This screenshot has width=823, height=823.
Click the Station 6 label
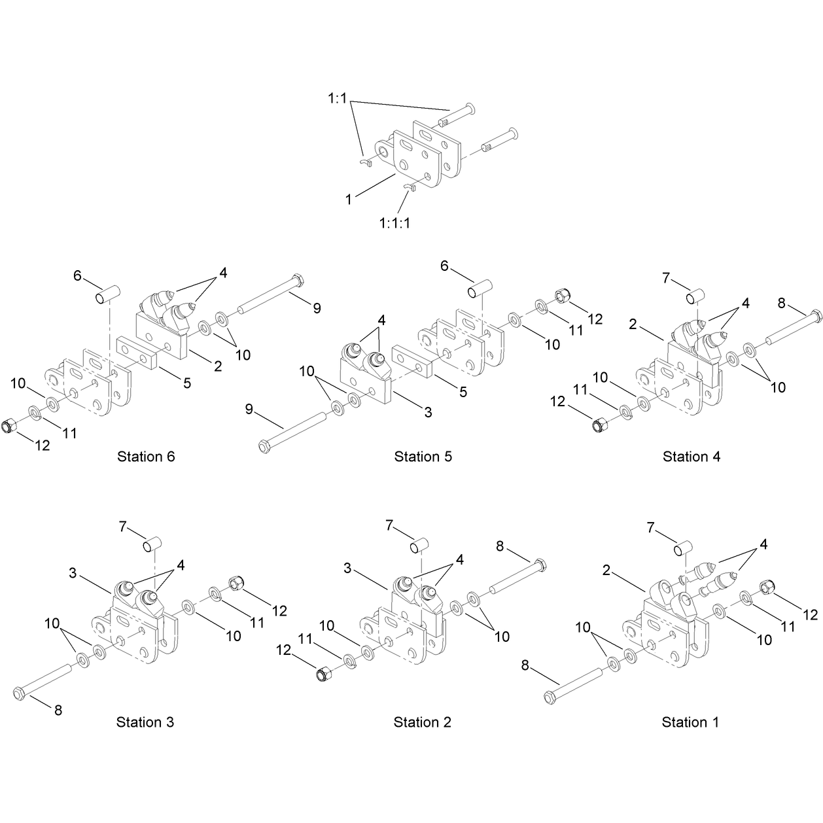[146, 457]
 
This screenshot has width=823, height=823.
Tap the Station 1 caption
[690, 722]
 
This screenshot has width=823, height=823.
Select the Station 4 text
[692, 457]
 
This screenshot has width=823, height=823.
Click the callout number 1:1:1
[394, 223]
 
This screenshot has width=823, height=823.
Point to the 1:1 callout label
[338, 99]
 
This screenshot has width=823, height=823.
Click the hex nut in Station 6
[9, 426]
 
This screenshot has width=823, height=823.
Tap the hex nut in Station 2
[322, 674]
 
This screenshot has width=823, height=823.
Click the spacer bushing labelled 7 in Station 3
[152, 544]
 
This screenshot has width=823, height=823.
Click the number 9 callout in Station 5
[249, 409]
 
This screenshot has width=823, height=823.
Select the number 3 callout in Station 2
[347, 568]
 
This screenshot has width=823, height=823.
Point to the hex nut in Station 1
[766, 587]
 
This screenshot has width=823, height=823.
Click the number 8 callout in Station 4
[782, 304]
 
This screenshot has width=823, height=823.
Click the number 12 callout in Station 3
[279, 611]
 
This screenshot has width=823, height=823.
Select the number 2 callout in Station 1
[606, 570]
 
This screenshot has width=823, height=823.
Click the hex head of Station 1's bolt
[550, 698]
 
